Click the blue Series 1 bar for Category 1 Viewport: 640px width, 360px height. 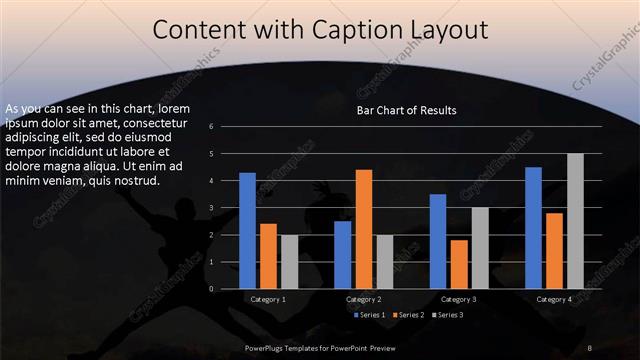[247, 231]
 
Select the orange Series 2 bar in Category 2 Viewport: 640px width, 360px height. [363, 229]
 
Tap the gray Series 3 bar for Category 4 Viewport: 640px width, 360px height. [574, 221]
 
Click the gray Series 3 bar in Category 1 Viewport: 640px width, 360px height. [289, 262]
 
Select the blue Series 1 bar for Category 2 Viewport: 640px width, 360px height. [343, 255]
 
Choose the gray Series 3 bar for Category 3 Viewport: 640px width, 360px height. [480, 248]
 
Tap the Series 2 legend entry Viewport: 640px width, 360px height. [410, 315]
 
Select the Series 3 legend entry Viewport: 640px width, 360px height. [448, 315]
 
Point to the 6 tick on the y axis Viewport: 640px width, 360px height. [211, 127]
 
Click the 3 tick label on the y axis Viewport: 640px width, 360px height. [211, 208]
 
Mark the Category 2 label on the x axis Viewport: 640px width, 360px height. [364, 299]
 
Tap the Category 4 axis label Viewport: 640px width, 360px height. [554, 299]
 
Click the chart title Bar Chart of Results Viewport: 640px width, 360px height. [406, 110]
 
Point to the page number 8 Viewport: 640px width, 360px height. [590, 347]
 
